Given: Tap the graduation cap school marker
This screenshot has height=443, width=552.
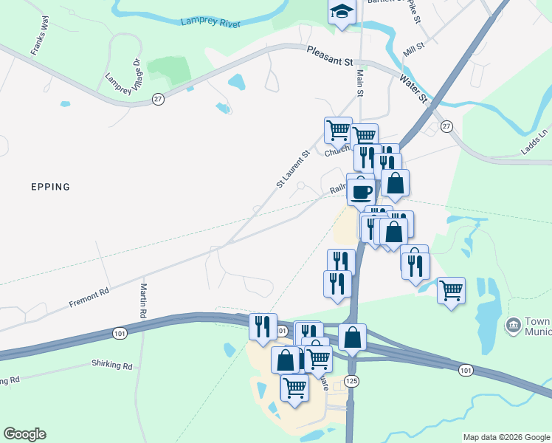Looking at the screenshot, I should pos(342,11).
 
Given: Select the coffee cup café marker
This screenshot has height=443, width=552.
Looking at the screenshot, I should pos(361,191).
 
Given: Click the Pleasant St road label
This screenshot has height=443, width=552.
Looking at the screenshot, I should pos(329,57).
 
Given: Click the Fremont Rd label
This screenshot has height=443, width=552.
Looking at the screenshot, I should pos(89,298).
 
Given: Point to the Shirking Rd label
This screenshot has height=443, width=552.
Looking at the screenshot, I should pos(112,365).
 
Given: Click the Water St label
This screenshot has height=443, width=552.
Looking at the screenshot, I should pos(413,87).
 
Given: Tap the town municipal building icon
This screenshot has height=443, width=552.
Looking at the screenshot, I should pos(512,326).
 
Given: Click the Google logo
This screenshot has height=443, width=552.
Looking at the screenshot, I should pos(24,434).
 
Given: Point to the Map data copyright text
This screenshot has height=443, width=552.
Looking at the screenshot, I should pos(506,437).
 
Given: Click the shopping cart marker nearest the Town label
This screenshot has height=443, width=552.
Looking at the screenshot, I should pos(450,289).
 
